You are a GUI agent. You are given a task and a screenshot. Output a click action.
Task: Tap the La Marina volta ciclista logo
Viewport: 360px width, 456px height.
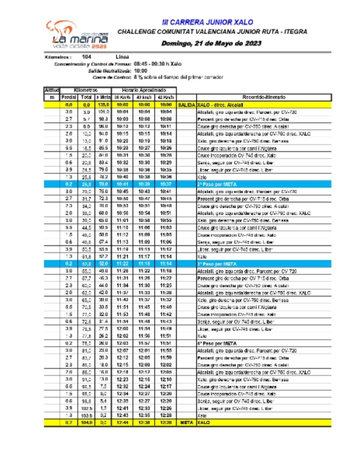[x=78, y=35]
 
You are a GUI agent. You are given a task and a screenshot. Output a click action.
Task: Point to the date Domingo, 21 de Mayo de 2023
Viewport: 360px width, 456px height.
[x=211, y=43]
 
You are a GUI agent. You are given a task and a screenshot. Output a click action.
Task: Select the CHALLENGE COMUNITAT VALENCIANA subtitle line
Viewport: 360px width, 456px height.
[x=212, y=32]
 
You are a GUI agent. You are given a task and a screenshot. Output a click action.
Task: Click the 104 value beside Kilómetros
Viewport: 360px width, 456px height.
[x=87, y=57]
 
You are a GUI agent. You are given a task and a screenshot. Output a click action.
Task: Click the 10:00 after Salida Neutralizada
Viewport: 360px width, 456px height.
[x=141, y=70]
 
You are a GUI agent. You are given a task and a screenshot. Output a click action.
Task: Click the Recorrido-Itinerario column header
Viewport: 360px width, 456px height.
[x=264, y=97]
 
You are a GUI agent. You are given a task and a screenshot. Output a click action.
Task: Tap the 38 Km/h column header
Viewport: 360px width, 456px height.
[x=121, y=97]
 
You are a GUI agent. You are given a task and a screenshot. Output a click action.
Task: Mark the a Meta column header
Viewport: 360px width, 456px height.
[x=103, y=97]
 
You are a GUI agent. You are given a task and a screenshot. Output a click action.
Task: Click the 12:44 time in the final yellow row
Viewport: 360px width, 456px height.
[x=121, y=422]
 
